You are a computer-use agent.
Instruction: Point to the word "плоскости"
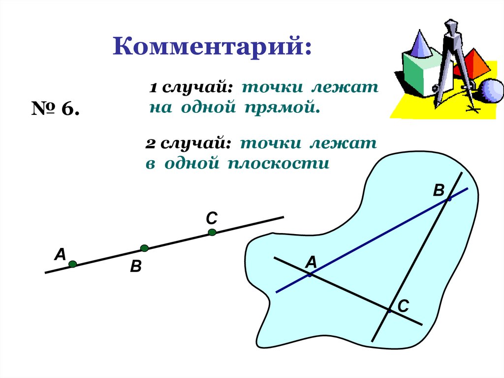click(278, 163)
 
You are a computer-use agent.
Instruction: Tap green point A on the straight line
click(72, 264)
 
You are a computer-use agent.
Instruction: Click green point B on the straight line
click(144, 248)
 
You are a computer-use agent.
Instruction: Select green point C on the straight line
click(212, 232)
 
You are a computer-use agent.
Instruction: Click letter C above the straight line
click(212, 217)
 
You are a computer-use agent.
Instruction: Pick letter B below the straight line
click(136, 267)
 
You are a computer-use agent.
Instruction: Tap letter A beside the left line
click(60, 254)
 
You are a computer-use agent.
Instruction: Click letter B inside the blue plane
click(439, 190)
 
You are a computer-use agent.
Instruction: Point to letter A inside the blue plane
click(311, 263)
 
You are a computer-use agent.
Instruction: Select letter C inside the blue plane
click(403, 307)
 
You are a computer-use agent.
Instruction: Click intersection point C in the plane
click(389, 311)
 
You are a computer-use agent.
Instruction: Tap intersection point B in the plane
click(449, 199)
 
